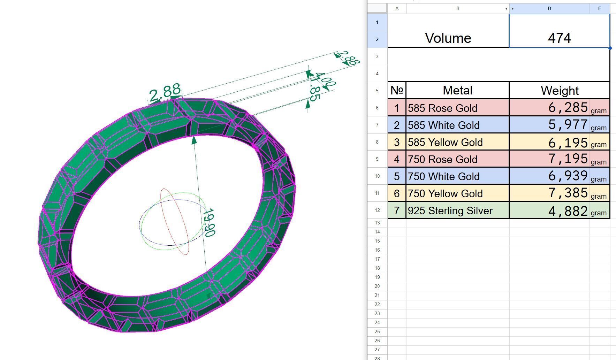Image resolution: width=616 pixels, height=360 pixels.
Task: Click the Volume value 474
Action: (x=559, y=38)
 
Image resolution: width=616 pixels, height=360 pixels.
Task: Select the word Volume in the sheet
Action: (x=448, y=38)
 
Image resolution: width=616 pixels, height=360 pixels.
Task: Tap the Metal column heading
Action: (x=457, y=91)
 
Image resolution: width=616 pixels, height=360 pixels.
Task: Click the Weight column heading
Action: (x=560, y=91)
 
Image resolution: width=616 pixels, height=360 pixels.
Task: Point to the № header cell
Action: (x=397, y=91)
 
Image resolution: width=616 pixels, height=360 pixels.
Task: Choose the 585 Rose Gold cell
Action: (x=443, y=108)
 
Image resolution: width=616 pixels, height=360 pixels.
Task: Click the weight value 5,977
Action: (x=568, y=124)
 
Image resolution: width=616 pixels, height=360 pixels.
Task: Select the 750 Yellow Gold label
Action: (x=445, y=193)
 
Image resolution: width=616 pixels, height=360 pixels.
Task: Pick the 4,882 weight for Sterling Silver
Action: (x=568, y=210)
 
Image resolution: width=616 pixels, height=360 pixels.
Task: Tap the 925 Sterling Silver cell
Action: (x=450, y=210)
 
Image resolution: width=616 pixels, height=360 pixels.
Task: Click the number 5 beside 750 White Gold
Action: (x=397, y=176)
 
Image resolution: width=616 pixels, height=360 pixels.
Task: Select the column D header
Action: (x=549, y=8)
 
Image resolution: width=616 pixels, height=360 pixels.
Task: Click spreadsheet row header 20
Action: (x=377, y=286)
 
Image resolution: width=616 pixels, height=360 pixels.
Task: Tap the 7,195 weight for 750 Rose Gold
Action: (x=568, y=159)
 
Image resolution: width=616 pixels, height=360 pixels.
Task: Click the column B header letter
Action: (x=457, y=8)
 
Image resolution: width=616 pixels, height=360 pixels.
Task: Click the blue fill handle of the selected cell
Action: (x=610, y=48)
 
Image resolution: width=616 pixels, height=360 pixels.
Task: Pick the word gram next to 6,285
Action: (x=599, y=111)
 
